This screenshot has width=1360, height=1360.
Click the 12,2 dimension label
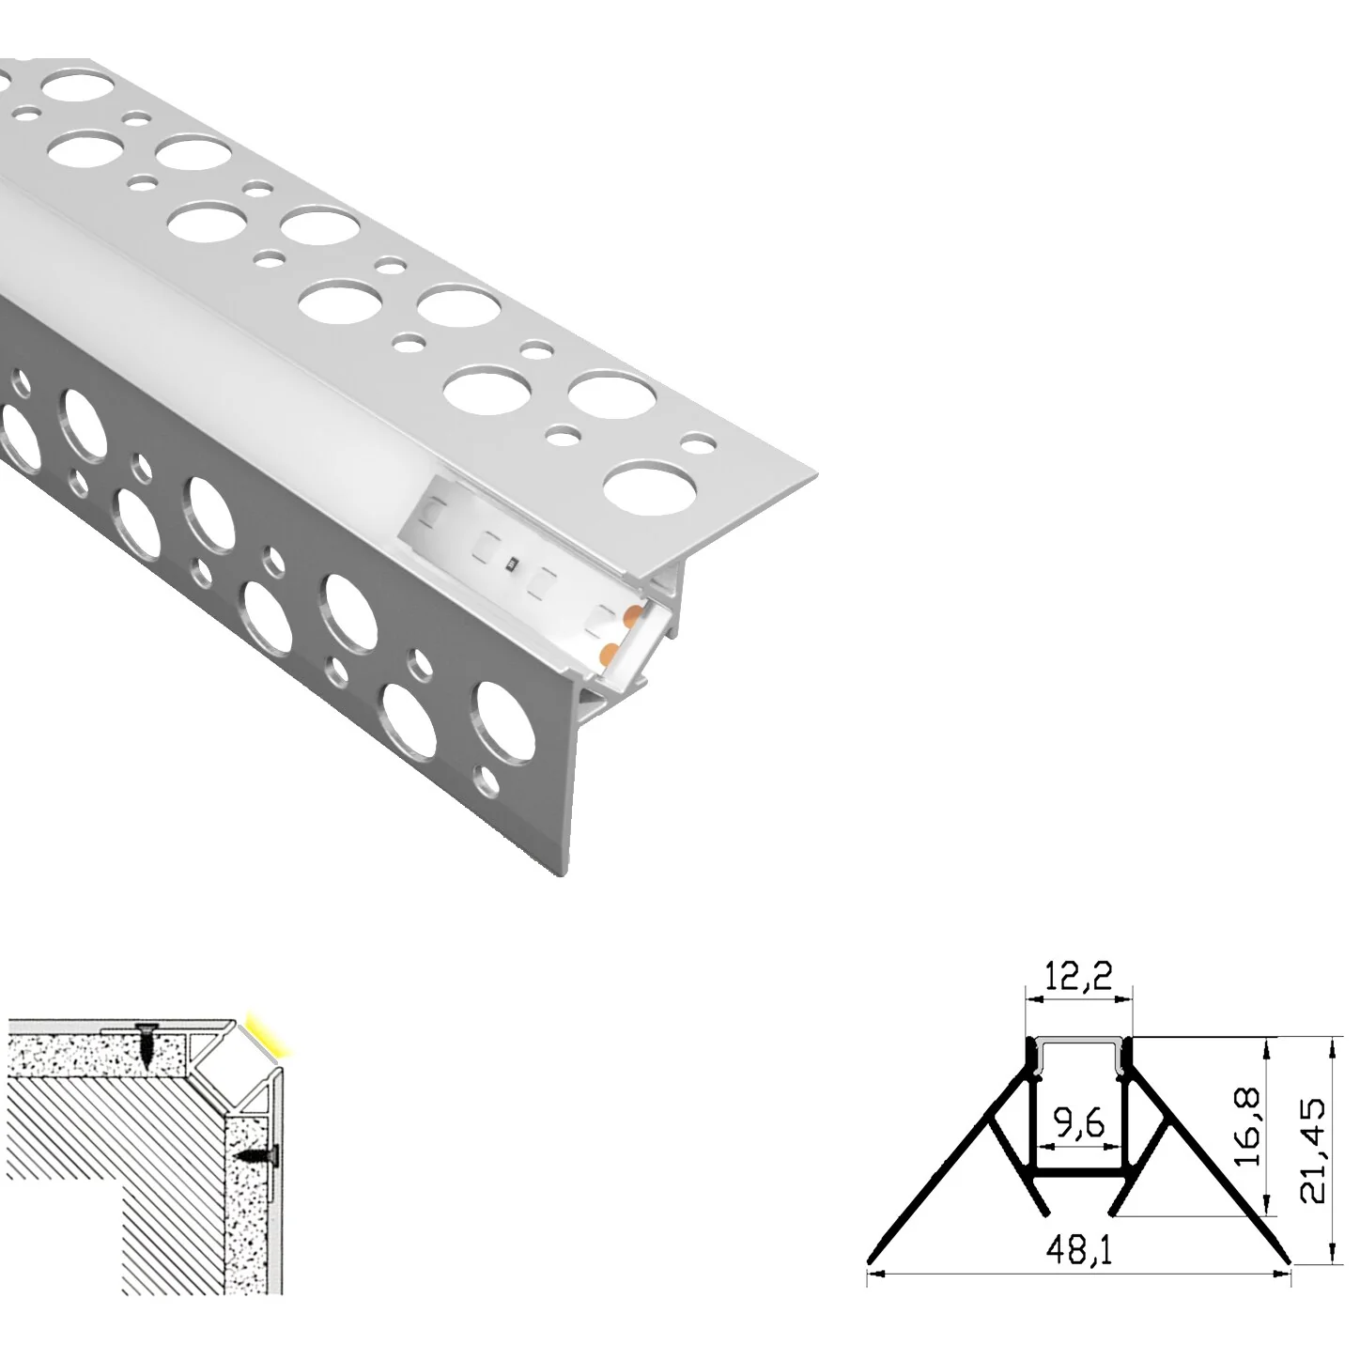pyautogui.click(x=1078, y=979)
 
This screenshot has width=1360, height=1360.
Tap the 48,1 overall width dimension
pyautogui.click(x=1078, y=1253)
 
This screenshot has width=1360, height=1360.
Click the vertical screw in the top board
pyautogui.click(x=147, y=1046)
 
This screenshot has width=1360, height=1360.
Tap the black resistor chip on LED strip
pyautogui.click(x=510, y=564)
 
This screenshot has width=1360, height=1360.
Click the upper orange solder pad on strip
pyautogui.click(x=631, y=615)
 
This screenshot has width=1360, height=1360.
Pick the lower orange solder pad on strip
pyautogui.click(x=609, y=651)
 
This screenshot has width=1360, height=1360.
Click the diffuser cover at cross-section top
pyautogui.click(x=1078, y=1043)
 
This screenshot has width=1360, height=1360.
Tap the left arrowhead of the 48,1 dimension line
pyautogui.click(x=873, y=1274)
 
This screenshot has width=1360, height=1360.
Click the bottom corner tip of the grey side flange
pyautogui.click(x=564, y=873)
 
